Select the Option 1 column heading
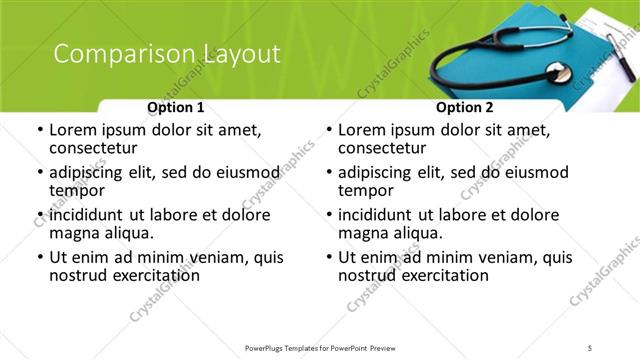point(176,107)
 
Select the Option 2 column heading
point(465,107)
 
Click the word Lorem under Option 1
point(75,130)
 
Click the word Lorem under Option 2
point(364,130)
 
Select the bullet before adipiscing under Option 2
point(329,173)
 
